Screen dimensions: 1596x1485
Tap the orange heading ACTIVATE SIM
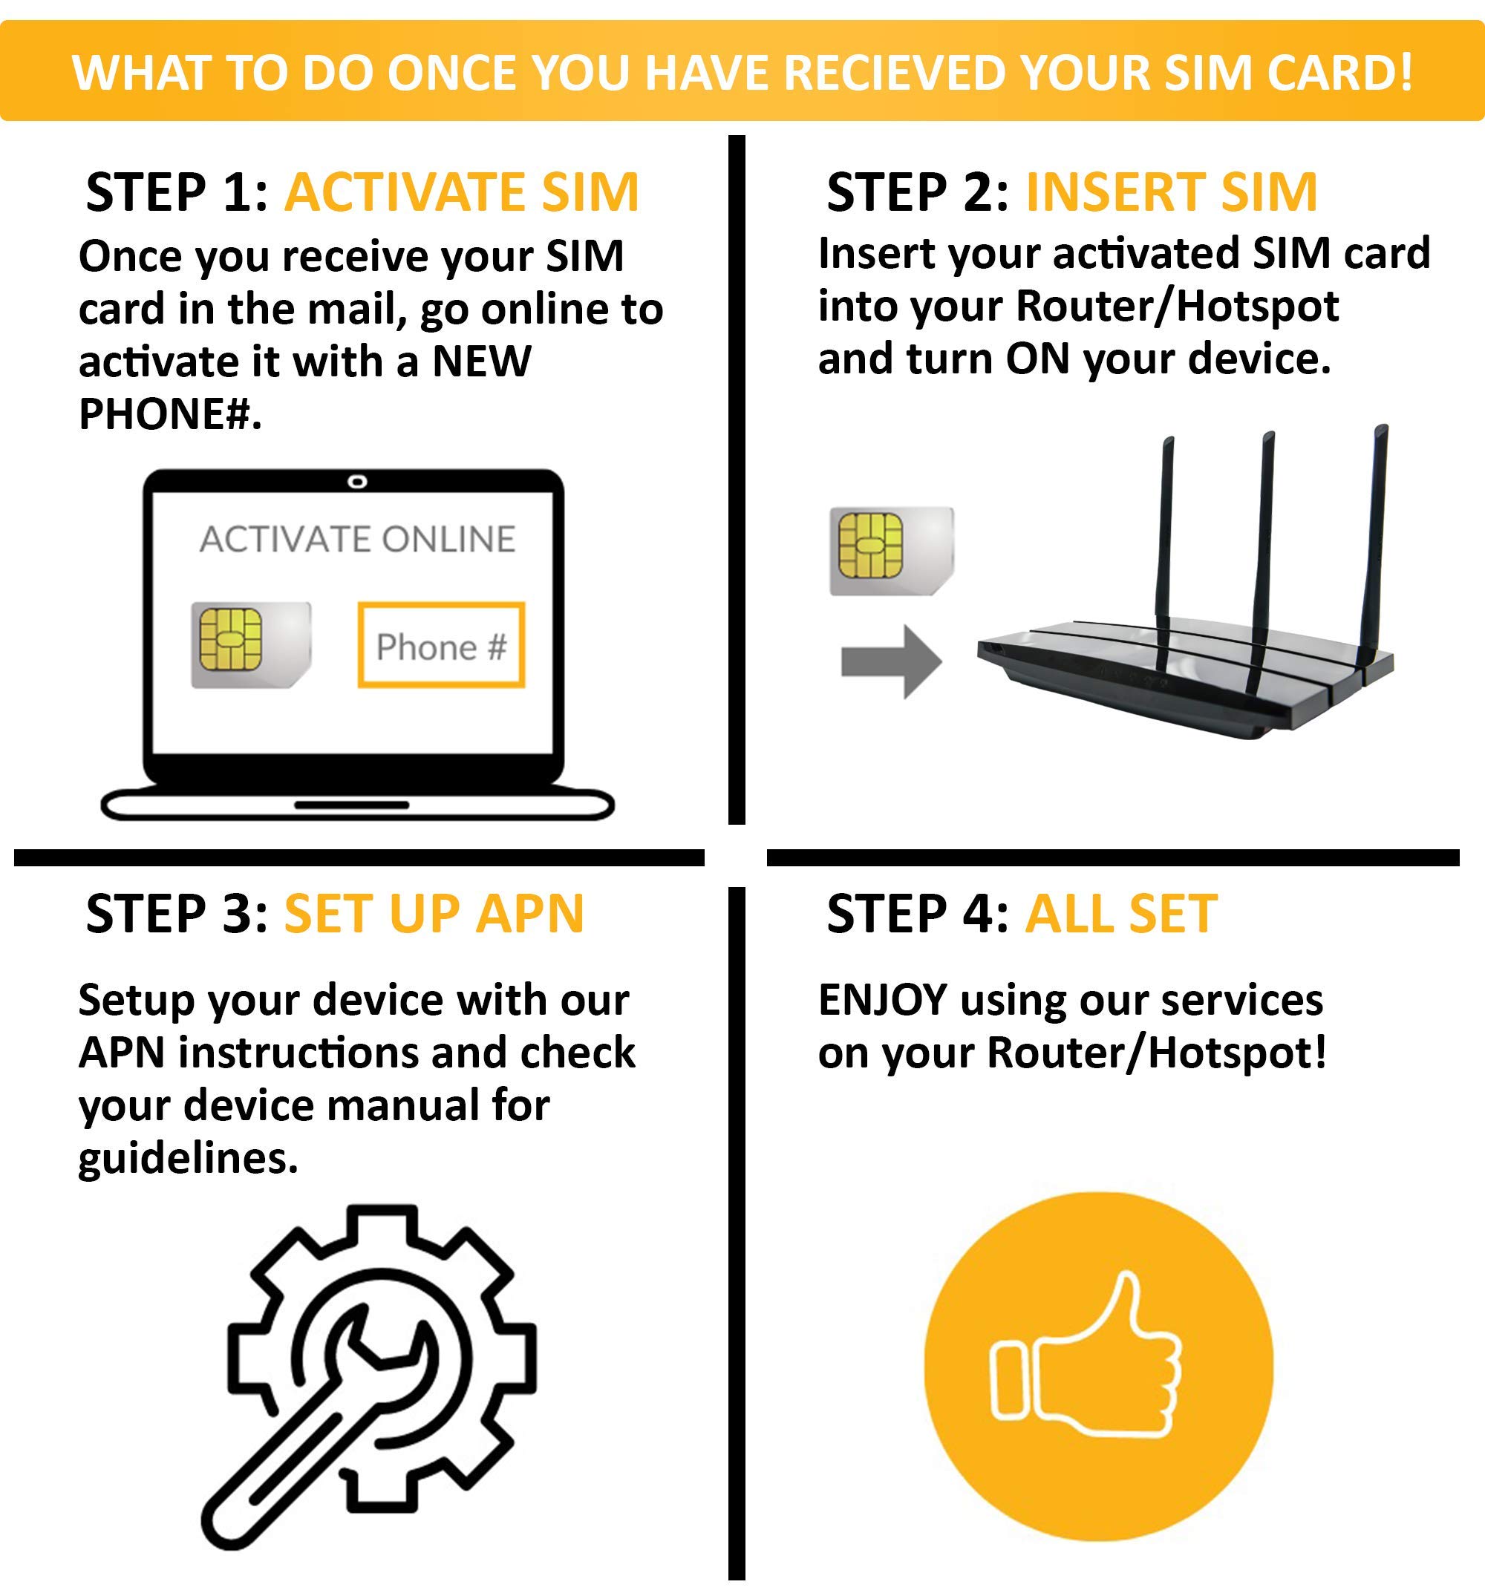462,193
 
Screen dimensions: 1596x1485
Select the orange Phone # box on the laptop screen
441,646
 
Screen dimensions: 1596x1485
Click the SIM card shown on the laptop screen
249,644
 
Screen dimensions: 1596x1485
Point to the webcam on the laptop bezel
357,482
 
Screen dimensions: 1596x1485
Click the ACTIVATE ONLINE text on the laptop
357,540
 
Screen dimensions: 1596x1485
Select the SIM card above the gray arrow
891,551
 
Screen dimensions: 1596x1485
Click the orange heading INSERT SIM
1172,193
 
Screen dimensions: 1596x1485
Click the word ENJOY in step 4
883,1001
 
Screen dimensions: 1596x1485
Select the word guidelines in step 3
187,1159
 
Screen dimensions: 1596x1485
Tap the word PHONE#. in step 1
169,414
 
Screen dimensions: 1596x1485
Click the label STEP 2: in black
917,193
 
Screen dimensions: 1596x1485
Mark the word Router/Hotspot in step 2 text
1177,306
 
